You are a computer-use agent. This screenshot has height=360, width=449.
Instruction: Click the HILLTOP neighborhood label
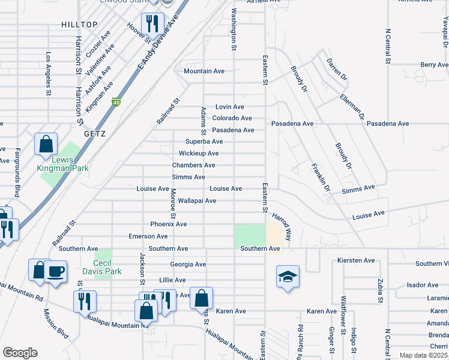(79, 24)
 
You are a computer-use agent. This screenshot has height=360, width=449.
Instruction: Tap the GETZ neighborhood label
(95, 134)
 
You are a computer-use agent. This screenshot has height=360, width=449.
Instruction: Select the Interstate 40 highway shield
(116, 103)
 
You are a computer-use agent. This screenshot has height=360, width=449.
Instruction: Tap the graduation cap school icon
(288, 277)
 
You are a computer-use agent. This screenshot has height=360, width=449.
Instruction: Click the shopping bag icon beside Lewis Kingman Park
(46, 145)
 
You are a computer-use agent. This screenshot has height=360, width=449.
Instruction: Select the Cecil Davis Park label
(108, 267)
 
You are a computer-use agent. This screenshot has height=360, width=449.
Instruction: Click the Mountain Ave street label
(204, 71)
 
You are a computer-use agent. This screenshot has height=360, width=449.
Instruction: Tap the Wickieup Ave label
(198, 154)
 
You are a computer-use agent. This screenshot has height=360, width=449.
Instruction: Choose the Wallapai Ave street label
(197, 200)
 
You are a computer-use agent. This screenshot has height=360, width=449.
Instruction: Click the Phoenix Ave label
(169, 224)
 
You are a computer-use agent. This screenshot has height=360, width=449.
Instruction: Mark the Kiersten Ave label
(356, 261)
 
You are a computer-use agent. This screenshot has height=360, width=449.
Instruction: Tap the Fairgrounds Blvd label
(17, 173)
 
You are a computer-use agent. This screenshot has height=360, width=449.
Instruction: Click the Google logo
(20, 353)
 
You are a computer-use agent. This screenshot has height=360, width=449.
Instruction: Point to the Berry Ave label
(435, 65)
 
